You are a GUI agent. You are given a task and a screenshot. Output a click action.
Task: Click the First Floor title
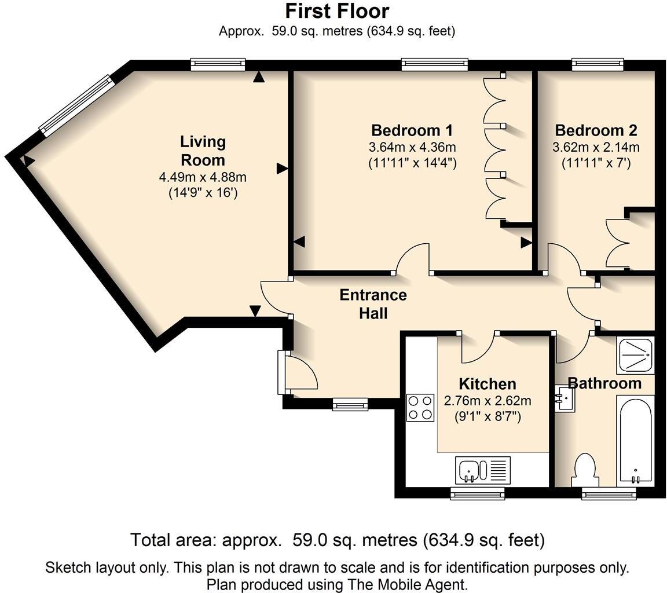pos(337,12)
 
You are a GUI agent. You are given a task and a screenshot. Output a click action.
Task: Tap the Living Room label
pos(203,151)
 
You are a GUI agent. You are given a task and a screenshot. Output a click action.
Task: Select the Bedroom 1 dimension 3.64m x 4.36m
pos(412,147)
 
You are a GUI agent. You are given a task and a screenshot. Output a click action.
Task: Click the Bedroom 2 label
pos(596,130)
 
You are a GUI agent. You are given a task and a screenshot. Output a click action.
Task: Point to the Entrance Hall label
pos(373,303)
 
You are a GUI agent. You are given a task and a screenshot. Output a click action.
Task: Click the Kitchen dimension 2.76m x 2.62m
pos(488,401)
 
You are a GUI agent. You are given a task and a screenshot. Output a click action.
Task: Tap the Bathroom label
pos(604,383)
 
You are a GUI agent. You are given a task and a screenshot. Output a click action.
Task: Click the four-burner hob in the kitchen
pos(420,408)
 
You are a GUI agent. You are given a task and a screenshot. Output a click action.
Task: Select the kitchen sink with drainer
pos(483,470)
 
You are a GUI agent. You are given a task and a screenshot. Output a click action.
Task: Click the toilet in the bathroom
pos(585,470)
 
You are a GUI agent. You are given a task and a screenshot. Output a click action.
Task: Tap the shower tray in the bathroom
pos(636,356)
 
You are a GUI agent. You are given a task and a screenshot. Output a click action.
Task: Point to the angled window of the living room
pos(76,105)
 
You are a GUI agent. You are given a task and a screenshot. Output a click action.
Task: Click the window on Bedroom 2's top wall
pos(598,64)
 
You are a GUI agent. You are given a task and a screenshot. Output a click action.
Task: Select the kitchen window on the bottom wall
pos(478,493)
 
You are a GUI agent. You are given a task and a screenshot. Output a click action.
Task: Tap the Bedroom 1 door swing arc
pos(412,257)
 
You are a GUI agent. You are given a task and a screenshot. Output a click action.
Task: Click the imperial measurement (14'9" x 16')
pos(203,193)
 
